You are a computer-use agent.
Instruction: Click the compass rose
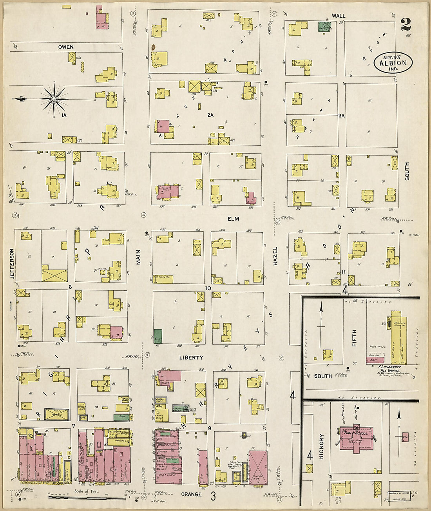tap(54, 98)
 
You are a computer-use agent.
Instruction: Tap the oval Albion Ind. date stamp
tap(393, 63)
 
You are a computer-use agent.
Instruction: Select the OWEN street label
tap(66, 47)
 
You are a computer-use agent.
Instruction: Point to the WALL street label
tap(339, 16)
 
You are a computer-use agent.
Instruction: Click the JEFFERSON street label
tap(12, 264)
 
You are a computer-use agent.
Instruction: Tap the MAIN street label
tap(138, 260)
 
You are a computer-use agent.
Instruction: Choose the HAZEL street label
tap(275, 256)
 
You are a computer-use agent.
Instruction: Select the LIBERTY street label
tap(191, 358)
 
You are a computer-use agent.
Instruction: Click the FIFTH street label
tap(354, 337)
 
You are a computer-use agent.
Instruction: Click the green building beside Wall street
tap(324, 27)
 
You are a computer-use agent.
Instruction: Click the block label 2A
tap(210, 115)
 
